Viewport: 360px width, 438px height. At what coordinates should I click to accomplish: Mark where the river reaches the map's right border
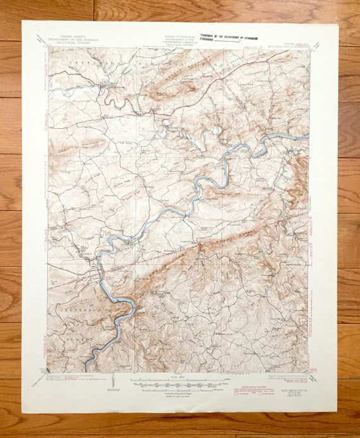click(308, 137)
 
